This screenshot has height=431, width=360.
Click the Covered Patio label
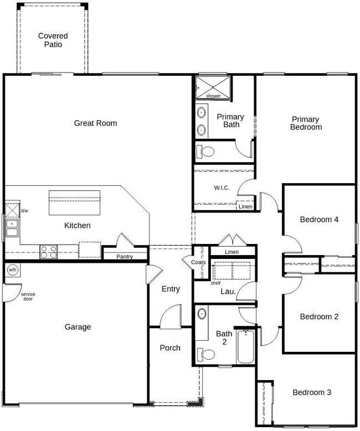[53, 40]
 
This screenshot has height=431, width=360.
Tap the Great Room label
[95, 123]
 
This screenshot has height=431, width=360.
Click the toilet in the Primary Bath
[207, 151]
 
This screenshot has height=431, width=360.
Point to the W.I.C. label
[222, 188]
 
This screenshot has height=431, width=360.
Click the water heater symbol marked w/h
[12, 270]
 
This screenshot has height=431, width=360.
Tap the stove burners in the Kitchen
[48, 252]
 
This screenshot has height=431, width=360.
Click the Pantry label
[124, 256]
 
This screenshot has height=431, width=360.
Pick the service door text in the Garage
[28, 296]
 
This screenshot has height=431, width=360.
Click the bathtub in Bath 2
[245, 346]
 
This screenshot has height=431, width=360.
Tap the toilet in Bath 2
[208, 354]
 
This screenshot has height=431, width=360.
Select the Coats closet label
[198, 262]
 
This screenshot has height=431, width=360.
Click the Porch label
[170, 347]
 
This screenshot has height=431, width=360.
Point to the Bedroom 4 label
[319, 219]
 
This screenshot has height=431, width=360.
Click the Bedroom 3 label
[312, 392]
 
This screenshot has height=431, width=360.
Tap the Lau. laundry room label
[228, 291]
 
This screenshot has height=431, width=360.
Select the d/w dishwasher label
[24, 211]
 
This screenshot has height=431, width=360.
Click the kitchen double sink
[12, 227]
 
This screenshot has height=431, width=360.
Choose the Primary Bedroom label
[306, 123]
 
